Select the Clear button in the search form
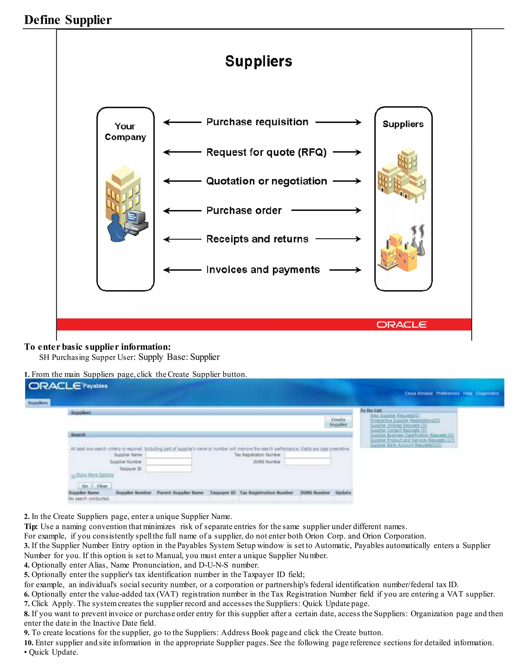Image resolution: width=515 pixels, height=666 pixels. (x=102, y=486)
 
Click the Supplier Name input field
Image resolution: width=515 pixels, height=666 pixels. (x=169, y=455)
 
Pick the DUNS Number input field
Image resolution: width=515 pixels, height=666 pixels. (x=307, y=462)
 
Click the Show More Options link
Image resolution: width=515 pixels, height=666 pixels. (x=95, y=475)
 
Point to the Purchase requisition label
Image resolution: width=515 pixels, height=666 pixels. (x=257, y=122)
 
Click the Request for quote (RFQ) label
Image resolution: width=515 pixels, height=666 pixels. (x=266, y=152)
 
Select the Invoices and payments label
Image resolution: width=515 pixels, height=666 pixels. (x=263, y=270)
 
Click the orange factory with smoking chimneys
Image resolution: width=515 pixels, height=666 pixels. (x=401, y=250)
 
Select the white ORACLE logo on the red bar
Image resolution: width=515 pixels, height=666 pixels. (x=402, y=325)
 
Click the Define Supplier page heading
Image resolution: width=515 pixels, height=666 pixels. (x=68, y=20)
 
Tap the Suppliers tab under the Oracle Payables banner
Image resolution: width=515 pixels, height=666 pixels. (x=38, y=403)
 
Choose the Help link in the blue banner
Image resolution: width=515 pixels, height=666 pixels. (x=467, y=393)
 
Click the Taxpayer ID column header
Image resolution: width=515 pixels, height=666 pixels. (x=223, y=493)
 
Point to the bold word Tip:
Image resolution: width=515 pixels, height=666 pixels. (x=31, y=527)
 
